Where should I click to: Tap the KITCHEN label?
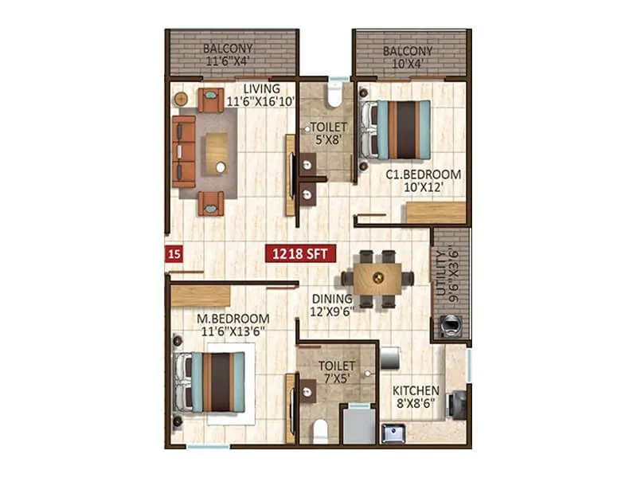[x=416, y=397]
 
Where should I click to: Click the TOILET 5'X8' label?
[x=327, y=132]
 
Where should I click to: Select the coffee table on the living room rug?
[x=215, y=152]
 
